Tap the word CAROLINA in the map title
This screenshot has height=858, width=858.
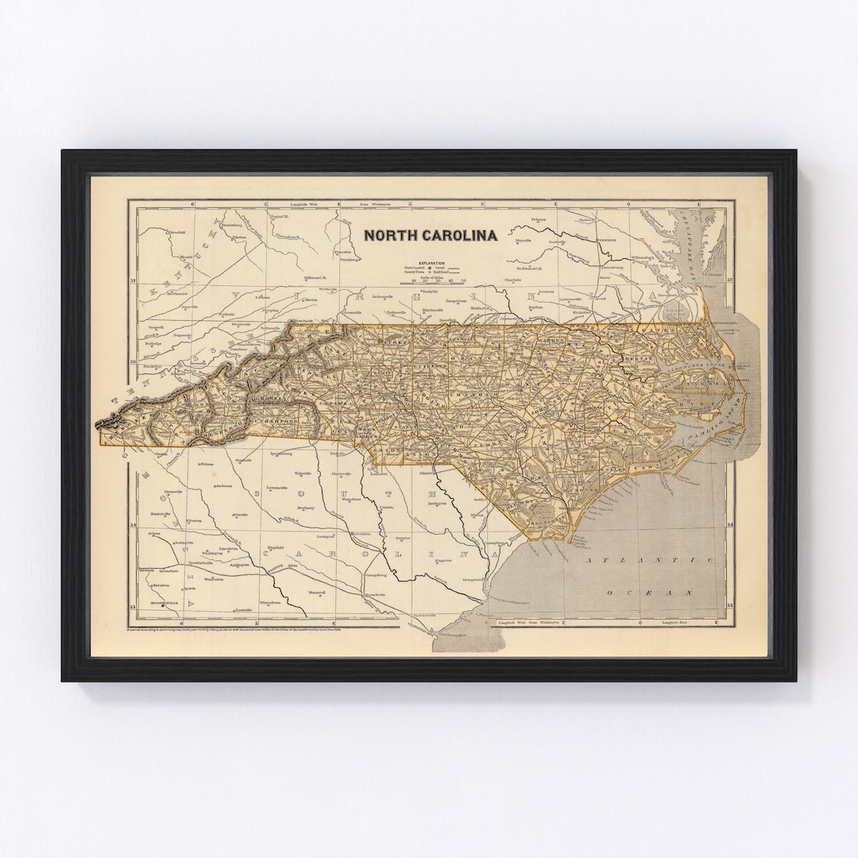click(458, 235)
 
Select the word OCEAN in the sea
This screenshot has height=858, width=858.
click(649, 593)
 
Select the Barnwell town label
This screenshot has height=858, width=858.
click(319, 592)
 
